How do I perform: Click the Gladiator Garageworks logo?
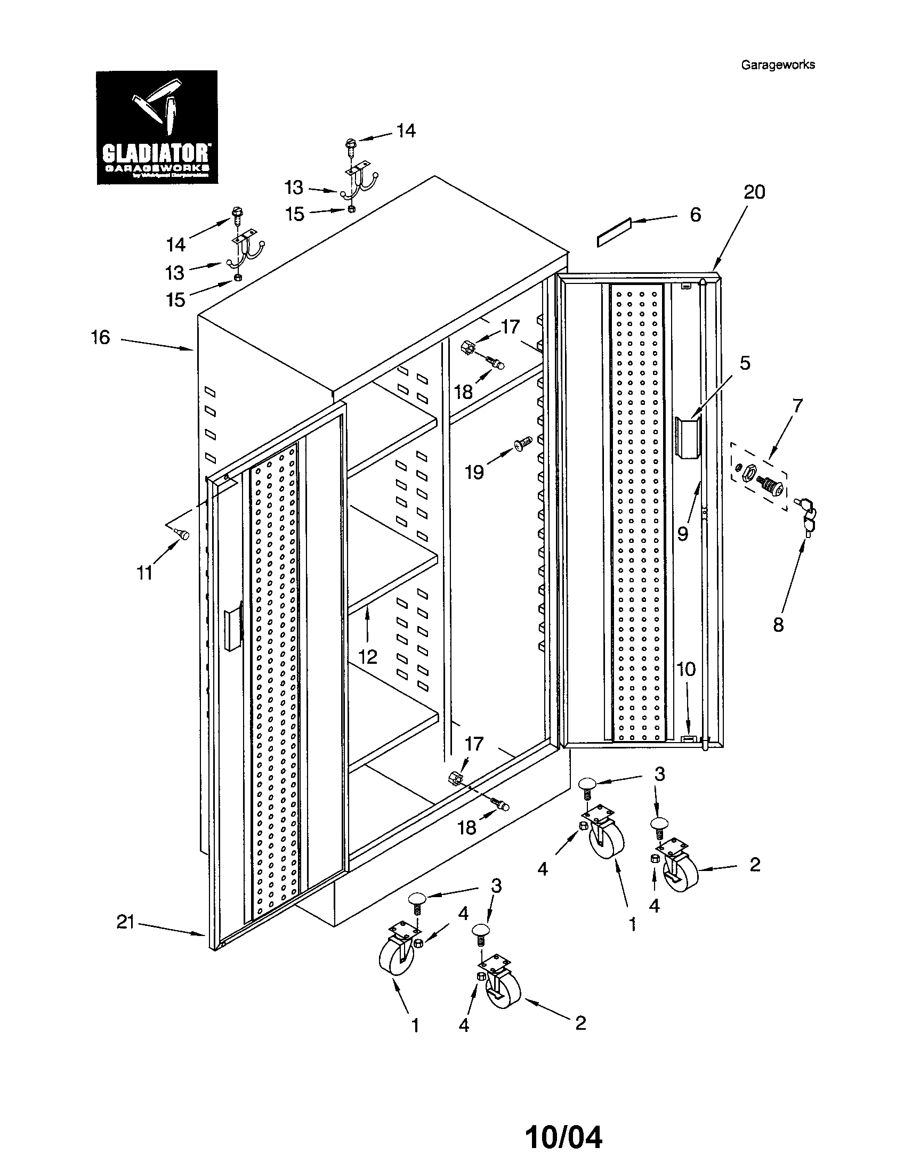click(x=157, y=127)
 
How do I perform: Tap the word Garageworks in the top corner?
click(x=777, y=65)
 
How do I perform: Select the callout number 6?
click(x=695, y=215)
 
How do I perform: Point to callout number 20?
click(x=754, y=192)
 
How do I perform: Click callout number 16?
click(x=100, y=338)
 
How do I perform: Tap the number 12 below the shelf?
click(x=368, y=656)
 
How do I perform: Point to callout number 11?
click(x=144, y=574)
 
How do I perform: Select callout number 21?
click(x=125, y=923)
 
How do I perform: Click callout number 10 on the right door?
click(x=685, y=669)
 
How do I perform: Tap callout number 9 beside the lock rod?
click(x=682, y=534)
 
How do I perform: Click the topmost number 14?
click(x=406, y=131)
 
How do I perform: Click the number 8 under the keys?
click(x=778, y=625)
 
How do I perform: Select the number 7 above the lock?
click(x=797, y=405)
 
